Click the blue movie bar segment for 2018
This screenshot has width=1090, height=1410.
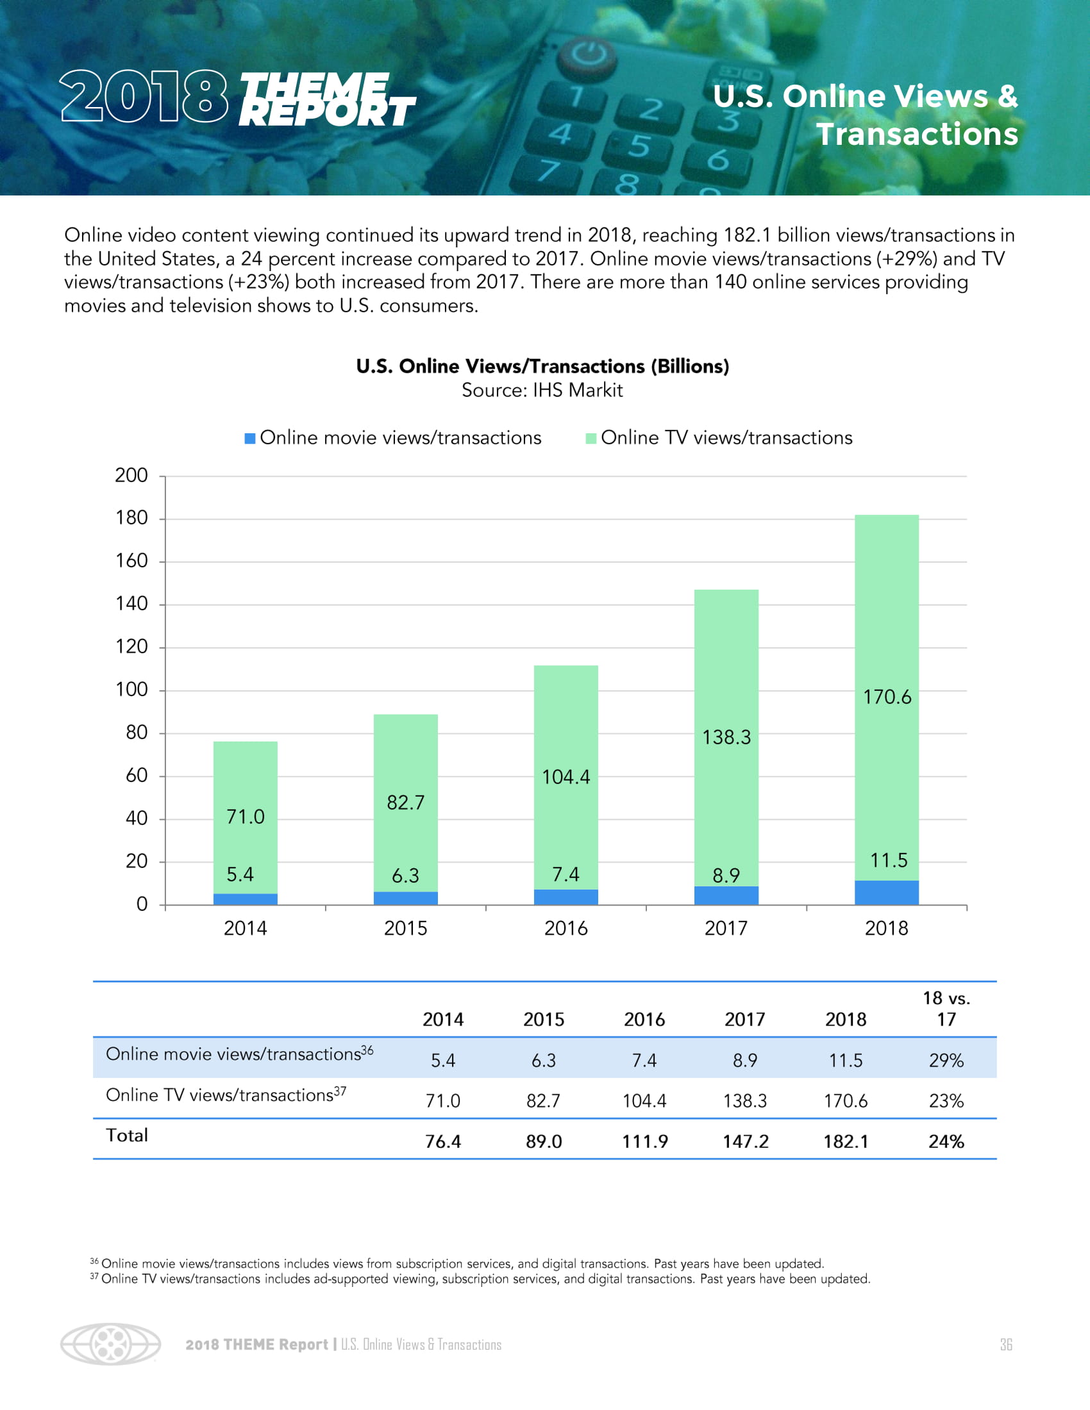[x=886, y=892]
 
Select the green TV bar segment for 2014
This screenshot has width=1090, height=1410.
[x=246, y=817]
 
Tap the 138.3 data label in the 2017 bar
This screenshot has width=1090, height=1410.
[x=726, y=737]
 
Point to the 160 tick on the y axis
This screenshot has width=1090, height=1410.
[x=131, y=561]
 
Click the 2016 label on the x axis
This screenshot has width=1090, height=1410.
[x=566, y=929]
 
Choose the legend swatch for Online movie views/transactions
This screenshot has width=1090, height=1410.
[x=250, y=438]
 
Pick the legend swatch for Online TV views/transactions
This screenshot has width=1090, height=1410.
[x=590, y=438]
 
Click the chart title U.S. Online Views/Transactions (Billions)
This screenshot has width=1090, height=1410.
[x=542, y=366]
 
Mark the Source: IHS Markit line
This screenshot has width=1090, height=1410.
[x=542, y=390]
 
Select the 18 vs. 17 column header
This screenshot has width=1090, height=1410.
[x=946, y=1008]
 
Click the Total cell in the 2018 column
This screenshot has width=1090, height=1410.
[x=846, y=1141]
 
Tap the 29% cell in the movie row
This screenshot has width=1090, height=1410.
[x=946, y=1060]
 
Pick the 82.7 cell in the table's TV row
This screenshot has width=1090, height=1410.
[x=543, y=1100]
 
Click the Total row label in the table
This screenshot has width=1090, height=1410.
[x=127, y=1136]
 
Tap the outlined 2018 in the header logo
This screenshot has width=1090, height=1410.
[x=144, y=96]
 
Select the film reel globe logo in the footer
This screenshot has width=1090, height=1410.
[x=110, y=1344]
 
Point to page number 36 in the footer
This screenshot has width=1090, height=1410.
[x=1005, y=1344]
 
